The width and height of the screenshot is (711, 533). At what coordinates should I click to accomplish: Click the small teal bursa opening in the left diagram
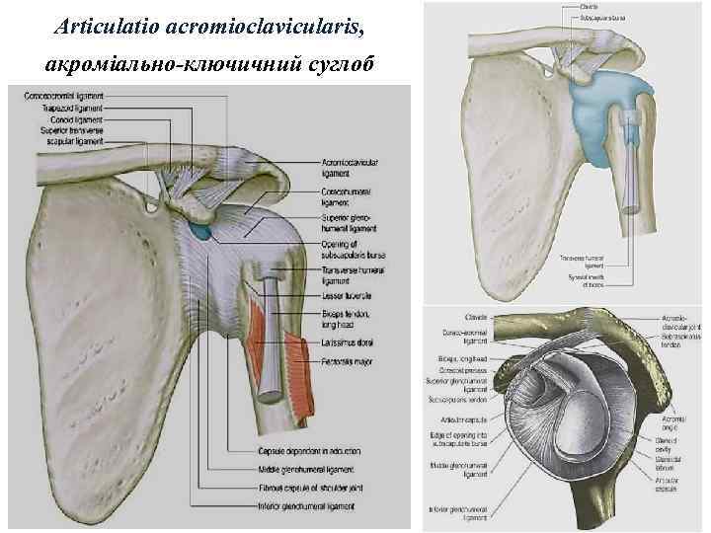(x=201, y=233)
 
